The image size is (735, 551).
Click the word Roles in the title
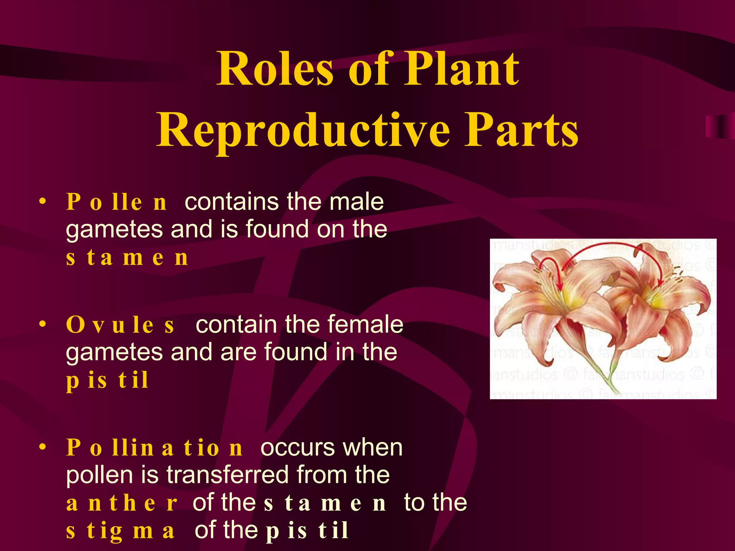coord(276,69)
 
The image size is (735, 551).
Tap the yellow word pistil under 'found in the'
coord(107,380)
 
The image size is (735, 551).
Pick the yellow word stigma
coord(120,531)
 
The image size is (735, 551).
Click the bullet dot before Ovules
coord(43,324)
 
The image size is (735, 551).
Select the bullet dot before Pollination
coord(43,447)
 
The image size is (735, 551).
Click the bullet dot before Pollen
coord(43,201)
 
